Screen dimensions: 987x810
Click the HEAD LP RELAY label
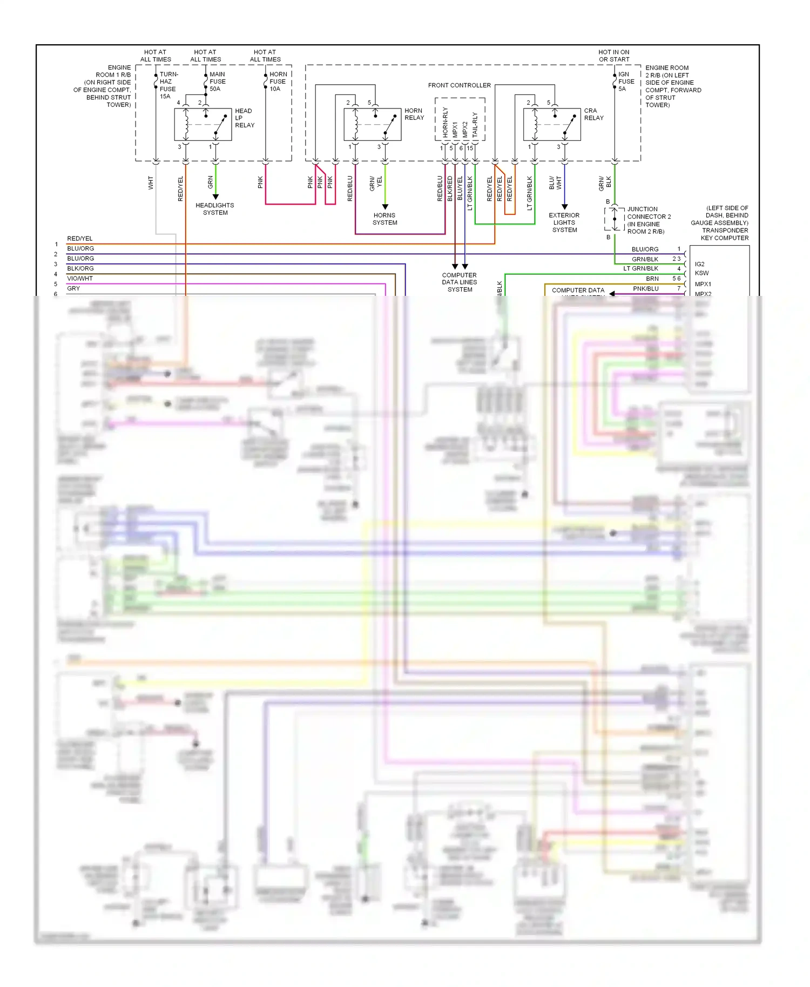[x=244, y=118]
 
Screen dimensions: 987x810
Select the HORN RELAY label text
[x=414, y=114]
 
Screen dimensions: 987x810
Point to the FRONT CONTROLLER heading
[x=459, y=85]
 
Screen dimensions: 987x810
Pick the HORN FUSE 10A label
[x=278, y=82]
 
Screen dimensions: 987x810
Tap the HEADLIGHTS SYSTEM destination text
[x=215, y=209]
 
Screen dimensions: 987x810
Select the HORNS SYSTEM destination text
[x=384, y=219]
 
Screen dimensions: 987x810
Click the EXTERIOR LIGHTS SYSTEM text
[x=564, y=222]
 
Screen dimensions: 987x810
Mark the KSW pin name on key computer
[x=701, y=273]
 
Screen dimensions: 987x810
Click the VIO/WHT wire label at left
[x=80, y=279]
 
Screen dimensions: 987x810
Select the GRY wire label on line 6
[x=73, y=288]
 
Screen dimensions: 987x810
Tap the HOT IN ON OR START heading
[x=613, y=56]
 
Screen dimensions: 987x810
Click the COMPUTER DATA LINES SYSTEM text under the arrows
[x=460, y=282]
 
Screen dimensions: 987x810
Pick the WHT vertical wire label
[x=151, y=182]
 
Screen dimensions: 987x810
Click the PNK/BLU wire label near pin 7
[x=645, y=289]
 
